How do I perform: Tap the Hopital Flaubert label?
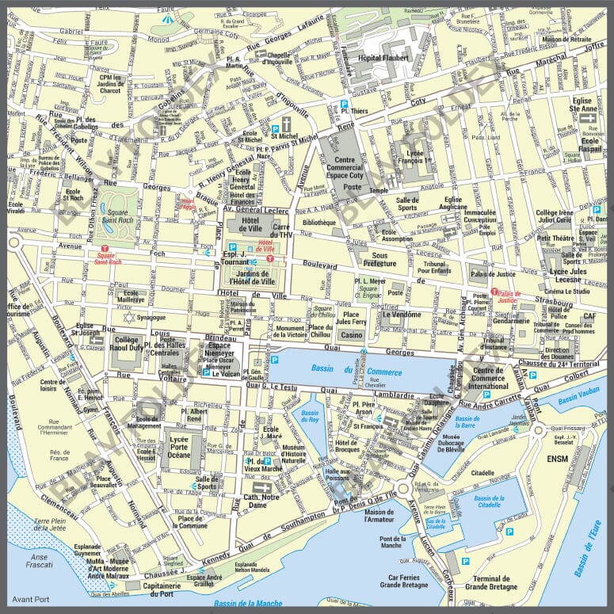point(383,58)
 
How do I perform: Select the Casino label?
point(351,335)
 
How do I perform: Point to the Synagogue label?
point(151,318)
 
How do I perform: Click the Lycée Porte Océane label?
point(179,449)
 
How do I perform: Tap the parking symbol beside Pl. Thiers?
point(345,104)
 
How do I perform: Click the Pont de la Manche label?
point(392,543)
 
